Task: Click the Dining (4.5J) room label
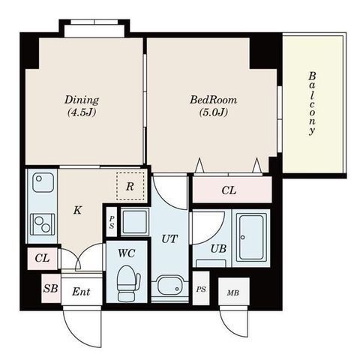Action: click(82, 106)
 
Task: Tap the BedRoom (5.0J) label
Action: click(213, 106)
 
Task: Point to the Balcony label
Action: click(312, 103)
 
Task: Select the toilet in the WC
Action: click(128, 283)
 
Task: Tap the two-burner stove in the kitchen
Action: click(42, 224)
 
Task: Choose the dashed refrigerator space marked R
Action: click(130, 186)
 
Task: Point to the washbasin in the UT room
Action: click(169, 286)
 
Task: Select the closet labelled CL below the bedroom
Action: click(232, 190)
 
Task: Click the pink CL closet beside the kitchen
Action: click(42, 259)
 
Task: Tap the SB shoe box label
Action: click(50, 289)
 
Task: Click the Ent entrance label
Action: click(81, 292)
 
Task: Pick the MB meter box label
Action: click(233, 292)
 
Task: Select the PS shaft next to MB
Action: click(201, 289)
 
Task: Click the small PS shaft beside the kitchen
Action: click(112, 222)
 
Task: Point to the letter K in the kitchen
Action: click(77, 211)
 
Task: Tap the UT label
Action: click(169, 239)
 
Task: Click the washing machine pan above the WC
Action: click(135, 222)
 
